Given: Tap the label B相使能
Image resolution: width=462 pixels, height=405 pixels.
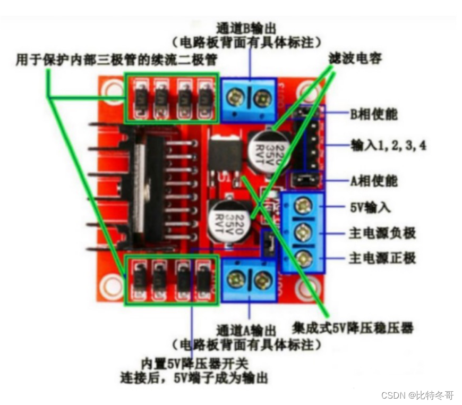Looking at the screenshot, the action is (x=373, y=114).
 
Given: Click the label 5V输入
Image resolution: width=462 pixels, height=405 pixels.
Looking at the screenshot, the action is (x=370, y=207).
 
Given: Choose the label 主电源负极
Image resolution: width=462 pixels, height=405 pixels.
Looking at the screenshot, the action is (x=382, y=232).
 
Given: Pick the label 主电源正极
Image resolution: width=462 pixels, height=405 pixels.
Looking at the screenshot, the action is (x=382, y=258).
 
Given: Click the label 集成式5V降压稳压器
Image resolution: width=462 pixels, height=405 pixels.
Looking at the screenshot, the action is (x=353, y=326).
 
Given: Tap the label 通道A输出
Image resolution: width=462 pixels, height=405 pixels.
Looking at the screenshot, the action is (x=247, y=330).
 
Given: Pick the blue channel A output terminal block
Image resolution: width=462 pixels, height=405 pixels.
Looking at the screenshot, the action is (x=248, y=280).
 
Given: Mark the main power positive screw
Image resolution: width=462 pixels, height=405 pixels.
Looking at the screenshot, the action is (x=304, y=259).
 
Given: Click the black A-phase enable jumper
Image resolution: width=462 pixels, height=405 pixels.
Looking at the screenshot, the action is (x=304, y=180).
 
